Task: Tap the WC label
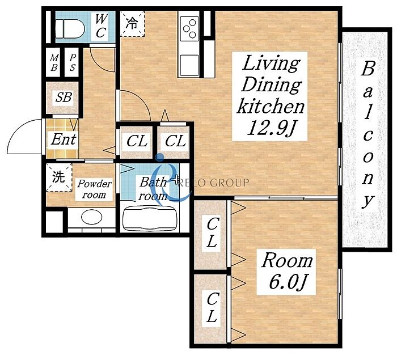pyautogui.click(x=101, y=26)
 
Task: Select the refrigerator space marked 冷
pyautogui.click(x=132, y=24)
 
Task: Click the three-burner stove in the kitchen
pyautogui.click(x=189, y=27)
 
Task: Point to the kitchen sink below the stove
pyautogui.click(x=189, y=66)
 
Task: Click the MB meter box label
pyautogui.click(x=54, y=63)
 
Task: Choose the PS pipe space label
pyautogui.click(x=73, y=63)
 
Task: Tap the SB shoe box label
pyautogui.click(x=64, y=97)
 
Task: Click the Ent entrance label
pyautogui.click(x=64, y=139)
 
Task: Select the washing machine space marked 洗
pyautogui.click(x=59, y=177)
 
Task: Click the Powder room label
pyautogui.click(x=94, y=189)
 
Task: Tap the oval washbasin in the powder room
pyautogui.click(x=92, y=217)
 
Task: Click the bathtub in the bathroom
pyautogui.click(x=149, y=219)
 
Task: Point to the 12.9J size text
pyautogui.click(x=271, y=128)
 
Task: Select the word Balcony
pyautogui.click(x=368, y=135)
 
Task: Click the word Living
pyautogui.click(x=271, y=64)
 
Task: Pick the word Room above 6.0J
pyautogui.click(x=287, y=260)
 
